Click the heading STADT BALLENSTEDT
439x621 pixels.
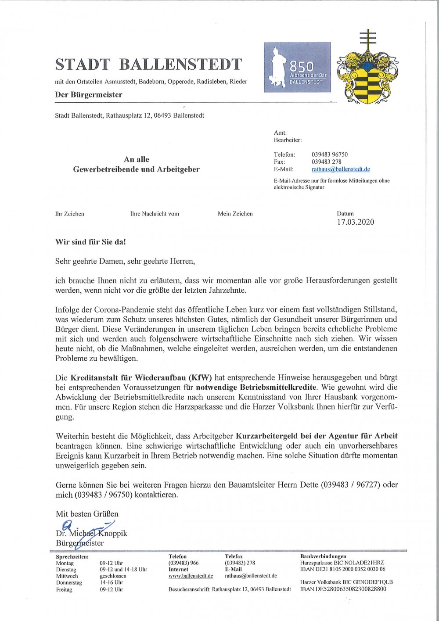(148, 65)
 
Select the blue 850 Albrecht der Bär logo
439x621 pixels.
(297, 67)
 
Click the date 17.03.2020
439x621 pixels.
(356, 222)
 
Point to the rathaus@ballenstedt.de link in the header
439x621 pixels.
(341, 169)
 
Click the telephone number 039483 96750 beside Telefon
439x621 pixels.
(330, 154)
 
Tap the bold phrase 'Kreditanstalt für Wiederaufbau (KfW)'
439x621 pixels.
(141, 377)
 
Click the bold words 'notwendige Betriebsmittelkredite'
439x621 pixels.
(256, 388)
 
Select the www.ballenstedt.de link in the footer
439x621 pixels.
(191, 576)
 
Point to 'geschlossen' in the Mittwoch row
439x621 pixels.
(113, 576)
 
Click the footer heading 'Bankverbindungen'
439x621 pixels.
(323, 556)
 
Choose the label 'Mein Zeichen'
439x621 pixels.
(235, 214)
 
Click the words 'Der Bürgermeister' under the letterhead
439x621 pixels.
(89, 95)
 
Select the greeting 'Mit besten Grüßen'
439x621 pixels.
(87, 514)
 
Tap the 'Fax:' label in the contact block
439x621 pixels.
(280, 162)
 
